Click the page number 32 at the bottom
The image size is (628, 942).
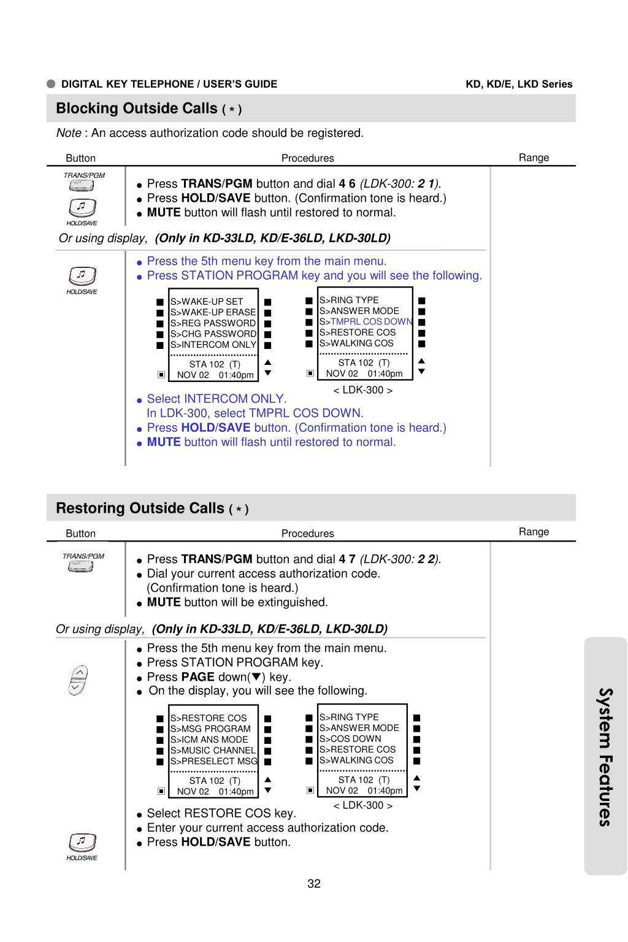pyautogui.click(x=314, y=884)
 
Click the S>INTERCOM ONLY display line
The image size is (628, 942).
pyautogui.click(x=213, y=345)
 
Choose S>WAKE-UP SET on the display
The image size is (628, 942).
pyautogui.click(x=207, y=302)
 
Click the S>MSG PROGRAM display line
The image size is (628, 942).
pyautogui.click(x=210, y=729)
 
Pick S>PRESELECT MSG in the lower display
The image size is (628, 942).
pyautogui.click(x=213, y=761)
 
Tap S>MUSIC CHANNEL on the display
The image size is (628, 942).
pyautogui.click(x=213, y=750)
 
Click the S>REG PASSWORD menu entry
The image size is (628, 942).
pyautogui.click(x=213, y=323)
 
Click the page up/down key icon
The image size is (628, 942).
pyautogui.click(x=77, y=680)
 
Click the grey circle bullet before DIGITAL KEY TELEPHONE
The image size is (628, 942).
pyautogui.click(x=51, y=84)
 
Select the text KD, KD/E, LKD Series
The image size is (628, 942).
pyautogui.click(x=519, y=84)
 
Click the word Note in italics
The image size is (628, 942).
pyautogui.click(x=69, y=133)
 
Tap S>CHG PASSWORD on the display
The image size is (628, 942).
pyautogui.click(x=213, y=334)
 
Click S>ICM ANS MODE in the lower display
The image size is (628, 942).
pyautogui.click(x=209, y=740)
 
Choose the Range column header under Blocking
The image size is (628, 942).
pyautogui.click(x=534, y=158)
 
